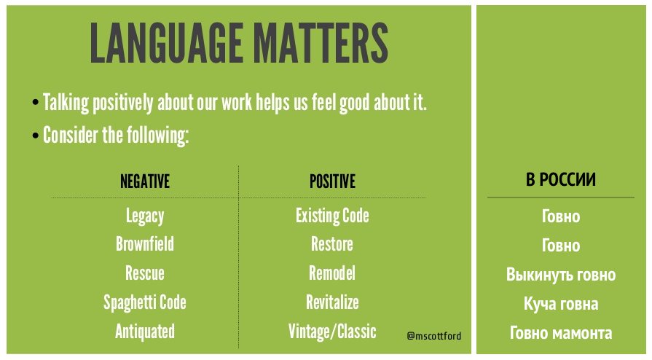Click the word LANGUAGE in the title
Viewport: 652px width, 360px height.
[166, 43]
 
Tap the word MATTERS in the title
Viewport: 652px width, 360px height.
[321, 43]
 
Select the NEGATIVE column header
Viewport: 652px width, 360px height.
[145, 181]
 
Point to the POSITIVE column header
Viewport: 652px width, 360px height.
[332, 181]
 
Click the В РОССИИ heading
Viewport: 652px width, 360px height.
[560, 180]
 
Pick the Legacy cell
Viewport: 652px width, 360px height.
[145, 216]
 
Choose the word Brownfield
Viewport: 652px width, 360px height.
[145, 244]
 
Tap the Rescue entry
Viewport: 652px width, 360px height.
[145, 273]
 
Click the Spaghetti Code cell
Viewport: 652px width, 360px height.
[145, 303]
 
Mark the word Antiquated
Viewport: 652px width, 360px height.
[145, 332]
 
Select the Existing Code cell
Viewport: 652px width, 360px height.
[332, 216]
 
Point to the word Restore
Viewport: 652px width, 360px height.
[331, 244]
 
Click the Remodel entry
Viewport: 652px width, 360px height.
[331, 273]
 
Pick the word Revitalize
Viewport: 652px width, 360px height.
[332, 302]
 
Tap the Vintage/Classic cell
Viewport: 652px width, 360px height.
[332, 332]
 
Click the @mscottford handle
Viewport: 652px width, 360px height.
[433, 336]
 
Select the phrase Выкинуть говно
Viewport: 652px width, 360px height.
[560, 275]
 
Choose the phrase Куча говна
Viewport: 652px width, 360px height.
[560, 304]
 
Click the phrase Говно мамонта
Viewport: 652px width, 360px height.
[560, 333]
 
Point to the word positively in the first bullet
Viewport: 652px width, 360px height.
[122, 103]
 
